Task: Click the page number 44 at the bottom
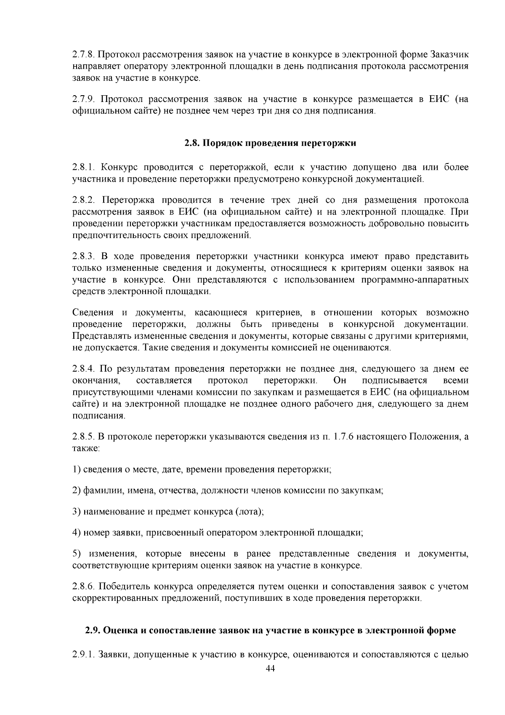pyautogui.click(x=270, y=669)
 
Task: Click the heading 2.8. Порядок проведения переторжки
pyautogui.click(x=270, y=143)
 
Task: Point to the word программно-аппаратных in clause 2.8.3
pyautogui.click(x=415, y=280)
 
